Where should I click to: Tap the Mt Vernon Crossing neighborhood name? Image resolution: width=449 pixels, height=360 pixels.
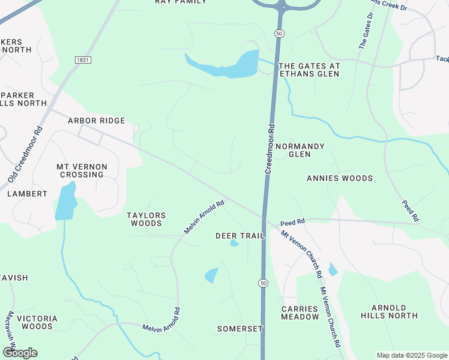click(x=82, y=170)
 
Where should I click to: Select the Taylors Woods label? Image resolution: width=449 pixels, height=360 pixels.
click(x=146, y=219)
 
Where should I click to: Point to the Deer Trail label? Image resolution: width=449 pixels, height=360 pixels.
click(x=240, y=236)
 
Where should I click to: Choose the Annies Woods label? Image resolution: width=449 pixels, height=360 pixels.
click(x=339, y=178)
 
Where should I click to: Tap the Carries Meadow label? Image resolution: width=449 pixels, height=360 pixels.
click(x=300, y=313)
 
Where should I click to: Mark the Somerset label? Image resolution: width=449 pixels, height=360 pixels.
click(x=240, y=329)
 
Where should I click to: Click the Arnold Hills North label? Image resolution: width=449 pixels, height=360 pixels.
click(x=389, y=311)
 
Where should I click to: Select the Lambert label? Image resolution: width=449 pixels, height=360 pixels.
click(x=27, y=194)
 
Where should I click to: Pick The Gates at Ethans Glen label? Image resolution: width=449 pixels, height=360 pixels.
click(x=309, y=70)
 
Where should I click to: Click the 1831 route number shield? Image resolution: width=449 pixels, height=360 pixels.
click(x=83, y=60)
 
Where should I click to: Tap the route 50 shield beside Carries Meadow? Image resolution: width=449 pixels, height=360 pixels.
click(x=263, y=283)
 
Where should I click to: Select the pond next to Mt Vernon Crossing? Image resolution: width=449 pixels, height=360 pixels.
click(x=65, y=202)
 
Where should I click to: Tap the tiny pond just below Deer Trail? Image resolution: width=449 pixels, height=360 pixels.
click(x=234, y=244)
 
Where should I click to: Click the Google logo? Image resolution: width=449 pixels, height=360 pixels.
click(x=19, y=352)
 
